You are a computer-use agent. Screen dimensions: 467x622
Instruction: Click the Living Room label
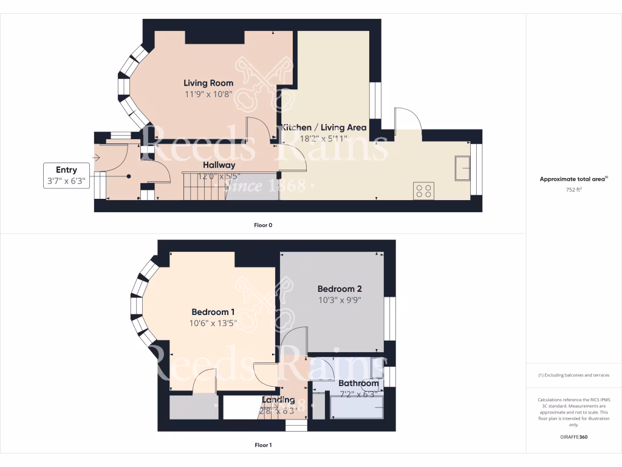tap(208, 83)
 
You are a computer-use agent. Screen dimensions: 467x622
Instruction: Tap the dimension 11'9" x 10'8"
tap(208, 94)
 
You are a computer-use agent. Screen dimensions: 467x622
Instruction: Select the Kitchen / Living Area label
tap(324, 128)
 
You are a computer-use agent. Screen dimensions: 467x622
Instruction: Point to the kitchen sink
tap(462, 168)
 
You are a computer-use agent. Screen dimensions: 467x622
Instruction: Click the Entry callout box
tap(66, 175)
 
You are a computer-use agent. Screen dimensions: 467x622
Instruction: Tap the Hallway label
tap(219, 165)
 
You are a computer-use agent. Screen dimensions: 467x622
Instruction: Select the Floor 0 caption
tap(263, 225)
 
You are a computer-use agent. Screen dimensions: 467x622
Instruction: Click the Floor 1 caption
tap(263, 445)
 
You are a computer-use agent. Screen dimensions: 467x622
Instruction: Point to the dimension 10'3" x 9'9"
tap(340, 300)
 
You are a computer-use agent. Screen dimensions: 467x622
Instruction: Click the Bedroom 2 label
tap(340, 289)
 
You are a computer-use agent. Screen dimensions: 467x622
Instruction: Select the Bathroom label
tap(358, 383)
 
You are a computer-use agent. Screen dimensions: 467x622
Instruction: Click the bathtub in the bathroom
tap(357, 406)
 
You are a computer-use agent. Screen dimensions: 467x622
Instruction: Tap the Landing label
tap(278, 400)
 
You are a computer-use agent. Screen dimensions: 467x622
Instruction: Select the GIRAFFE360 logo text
tap(574, 437)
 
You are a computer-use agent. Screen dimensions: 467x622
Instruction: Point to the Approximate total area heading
tap(573, 179)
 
